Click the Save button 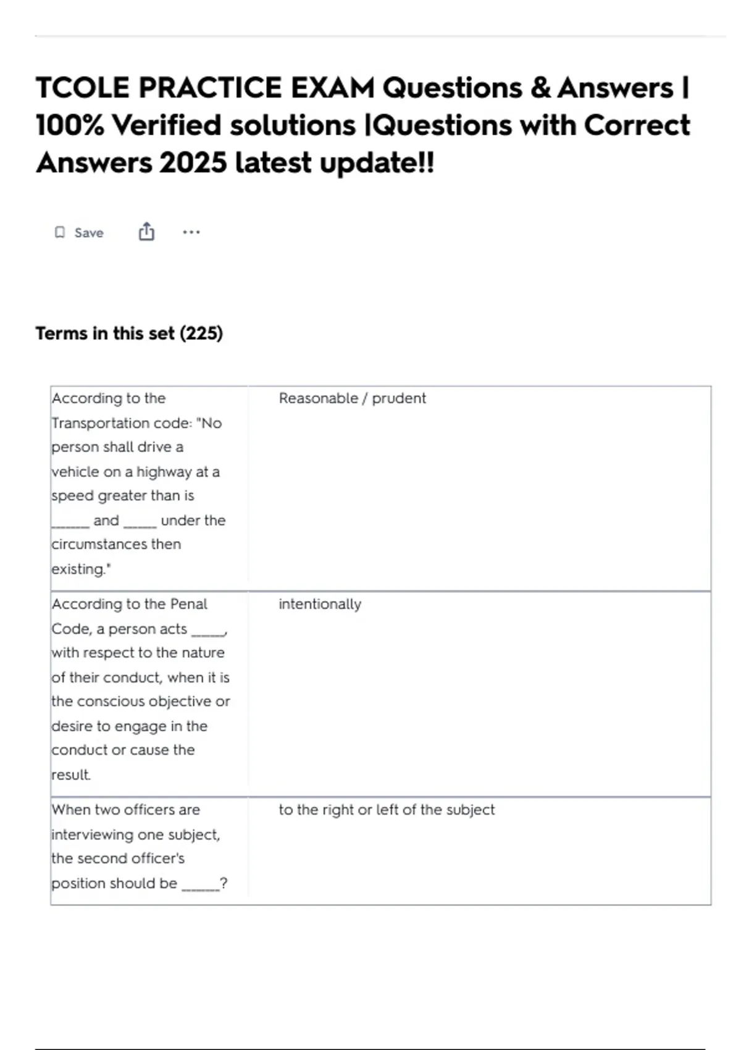pos(80,233)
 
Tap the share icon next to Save pos(146,232)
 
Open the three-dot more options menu pos(191,232)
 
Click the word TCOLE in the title pos(83,88)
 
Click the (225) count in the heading pos(201,334)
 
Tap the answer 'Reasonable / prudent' pos(352,398)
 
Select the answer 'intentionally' pos(320,604)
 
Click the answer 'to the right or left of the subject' pos(387,810)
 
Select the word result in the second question pos(70,775)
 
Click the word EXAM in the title pos(333,88)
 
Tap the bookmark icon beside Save pos(60,232)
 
